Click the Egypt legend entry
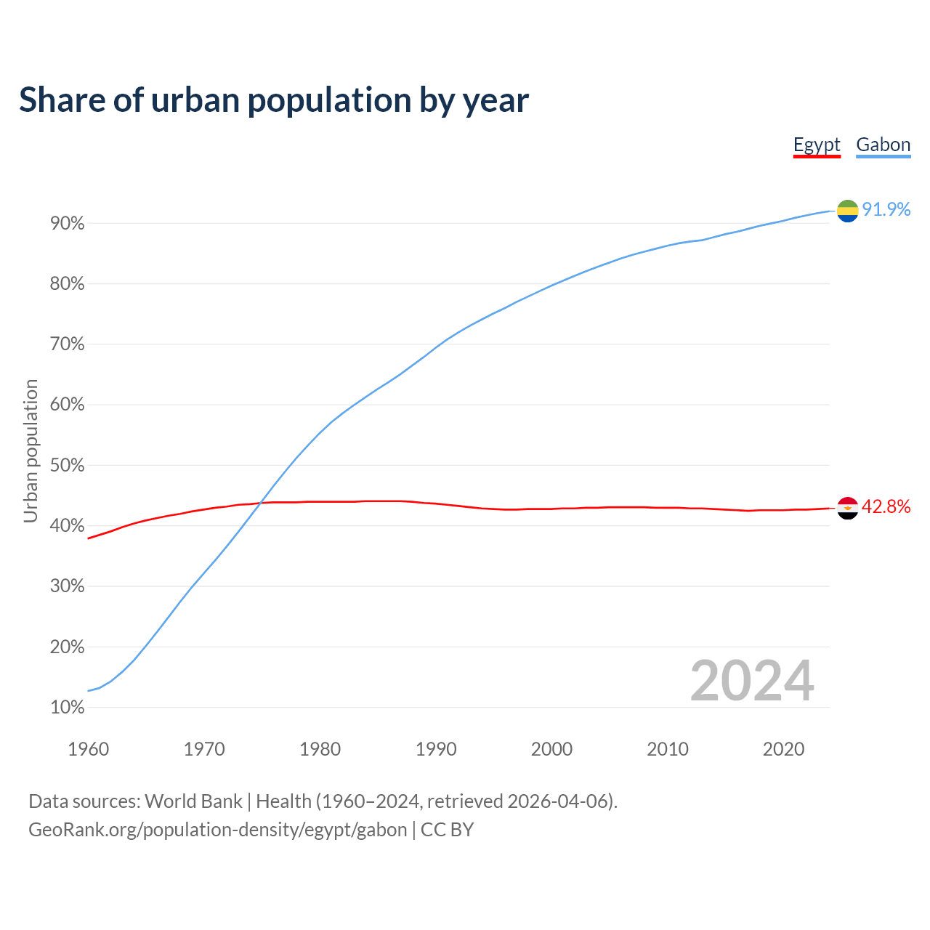[817, 145]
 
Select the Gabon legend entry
[883, 145]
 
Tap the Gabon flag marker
[847, 211]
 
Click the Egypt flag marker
[847, 508]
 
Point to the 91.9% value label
[886, 210]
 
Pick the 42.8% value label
[886, 507]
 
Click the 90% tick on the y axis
[68, 224]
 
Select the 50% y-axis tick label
[68, 466]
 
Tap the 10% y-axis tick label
[68, 708]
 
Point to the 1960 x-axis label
[88, 749]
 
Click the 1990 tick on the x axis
[436, 749]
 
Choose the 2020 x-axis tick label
[783, 749]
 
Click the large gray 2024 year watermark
[752, 681]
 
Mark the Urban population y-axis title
[31, 451]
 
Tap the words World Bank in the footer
[193, 801]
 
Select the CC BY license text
[448, 830]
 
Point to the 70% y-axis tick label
[68, 344]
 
